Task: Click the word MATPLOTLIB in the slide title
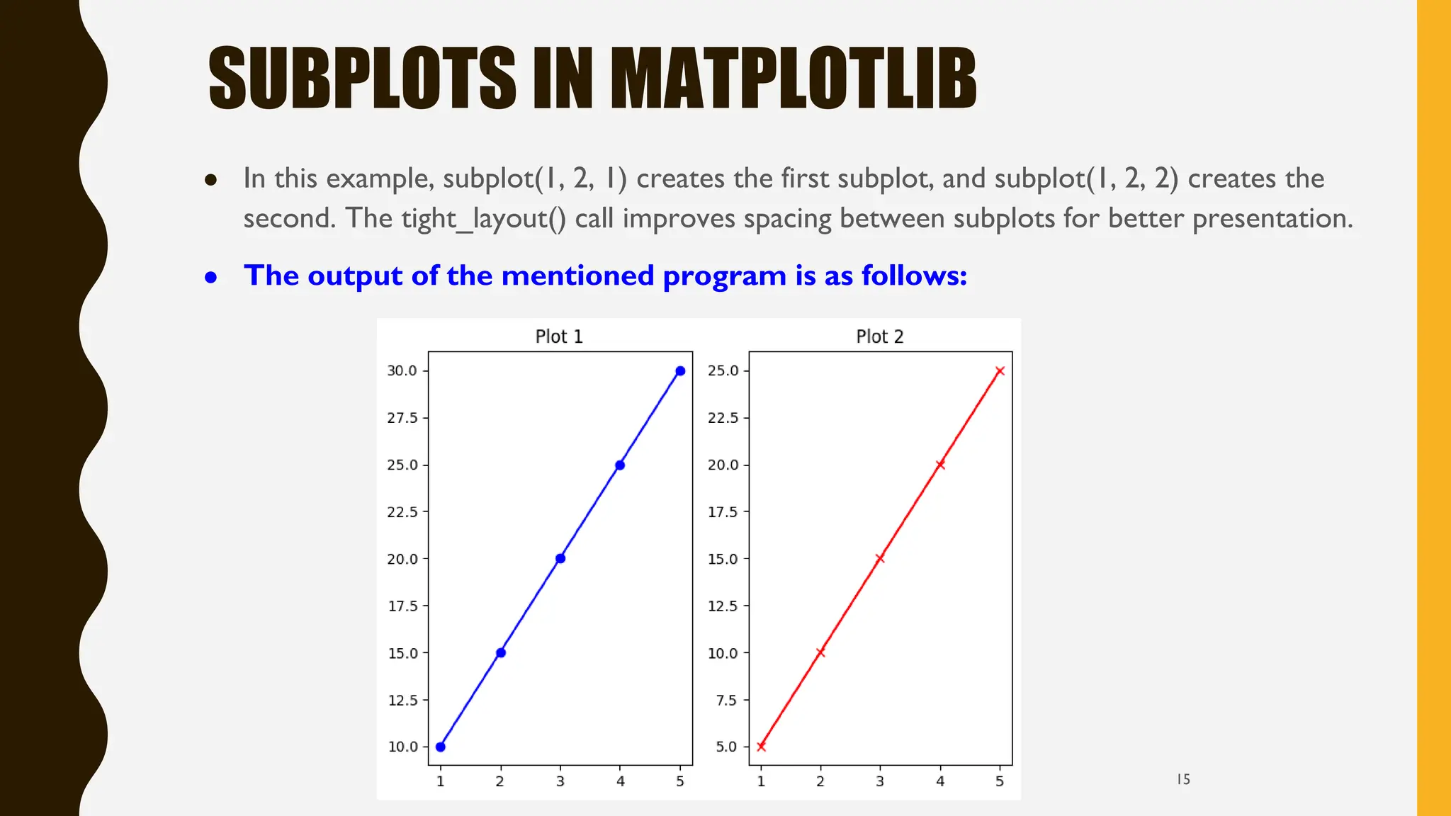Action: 793,78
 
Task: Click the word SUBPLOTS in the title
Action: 362,78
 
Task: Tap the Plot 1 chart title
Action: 558,336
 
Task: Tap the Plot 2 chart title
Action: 879,336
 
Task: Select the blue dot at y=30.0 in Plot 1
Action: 680,371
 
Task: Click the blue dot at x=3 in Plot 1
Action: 560,559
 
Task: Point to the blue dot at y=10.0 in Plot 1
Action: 441,747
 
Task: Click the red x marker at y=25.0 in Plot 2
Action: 1000,371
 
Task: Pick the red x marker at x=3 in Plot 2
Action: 880,559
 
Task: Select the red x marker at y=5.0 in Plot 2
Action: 761,747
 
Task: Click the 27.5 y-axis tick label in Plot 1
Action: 402,418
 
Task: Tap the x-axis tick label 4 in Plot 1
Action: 621,781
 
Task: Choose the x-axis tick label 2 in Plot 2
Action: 820,781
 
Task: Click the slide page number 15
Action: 1183,779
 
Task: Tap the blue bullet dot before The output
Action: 210,278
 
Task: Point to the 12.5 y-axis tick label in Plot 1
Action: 402,700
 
